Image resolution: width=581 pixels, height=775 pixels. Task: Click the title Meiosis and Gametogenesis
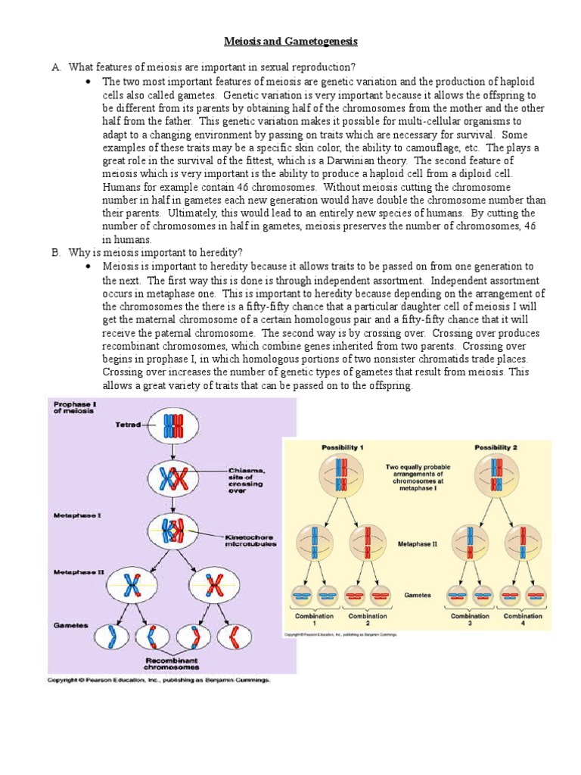tap(290, 42)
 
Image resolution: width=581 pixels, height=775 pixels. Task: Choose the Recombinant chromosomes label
tap(172, 663)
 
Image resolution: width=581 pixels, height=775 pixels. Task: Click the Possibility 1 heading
tap(343, 448)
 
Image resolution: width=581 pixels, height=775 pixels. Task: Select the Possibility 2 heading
tap(495, 448)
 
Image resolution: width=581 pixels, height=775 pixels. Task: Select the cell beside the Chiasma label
tap(173, 479)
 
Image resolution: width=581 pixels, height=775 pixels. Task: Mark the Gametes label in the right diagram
tap(417, 595)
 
